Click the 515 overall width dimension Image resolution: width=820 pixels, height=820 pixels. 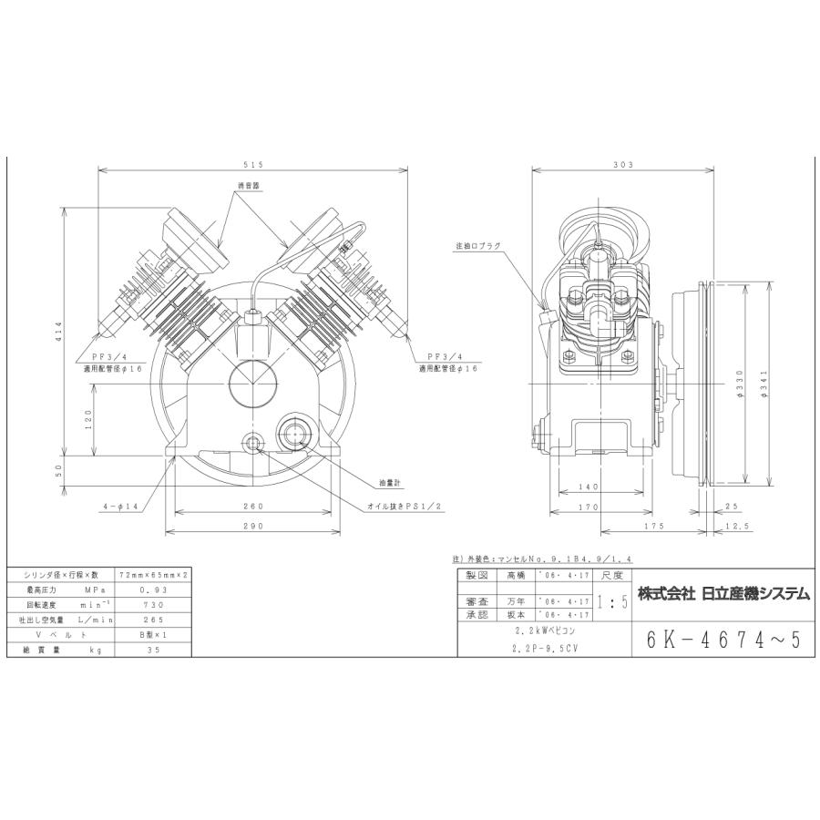[x=253, y=165]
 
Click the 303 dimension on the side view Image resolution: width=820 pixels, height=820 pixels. [x=623, y=165]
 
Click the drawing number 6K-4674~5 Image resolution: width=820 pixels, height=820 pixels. [x=723, y=641]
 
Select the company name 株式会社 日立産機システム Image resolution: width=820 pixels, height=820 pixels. [x=723, y=593]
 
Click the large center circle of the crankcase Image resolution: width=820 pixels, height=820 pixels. [x=252, y=382]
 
